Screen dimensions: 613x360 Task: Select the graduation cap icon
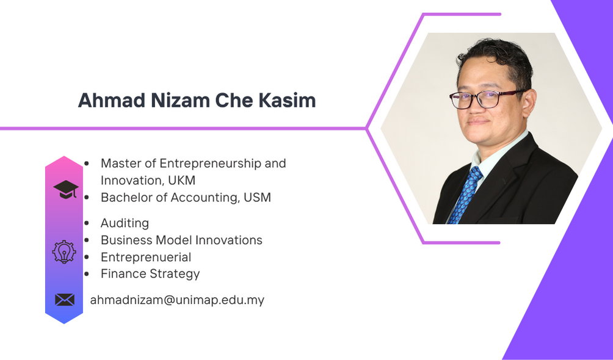pyautogui.click(x=66, y=190)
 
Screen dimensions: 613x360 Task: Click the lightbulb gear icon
pyautogui.click(x=64, y=252)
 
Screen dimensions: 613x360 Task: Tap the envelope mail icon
pyautogui.click(x=65, y=300)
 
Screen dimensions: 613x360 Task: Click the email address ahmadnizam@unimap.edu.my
pyautogui.click(x=177, y=300)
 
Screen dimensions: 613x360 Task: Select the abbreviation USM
pyautogui.click(x=257, y=198)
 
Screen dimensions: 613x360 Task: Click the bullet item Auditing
pyautogui.click(x=125, y=223)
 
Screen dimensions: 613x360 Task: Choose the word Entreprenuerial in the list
pyautogui.click(x=146, y=257)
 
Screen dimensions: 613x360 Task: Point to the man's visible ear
pyautogui.click(x=529, y=104)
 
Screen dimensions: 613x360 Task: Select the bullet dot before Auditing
pyautogui.click(x=87, y=223)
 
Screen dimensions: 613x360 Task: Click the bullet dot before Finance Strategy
pyautogui.click(x=87, y=274)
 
